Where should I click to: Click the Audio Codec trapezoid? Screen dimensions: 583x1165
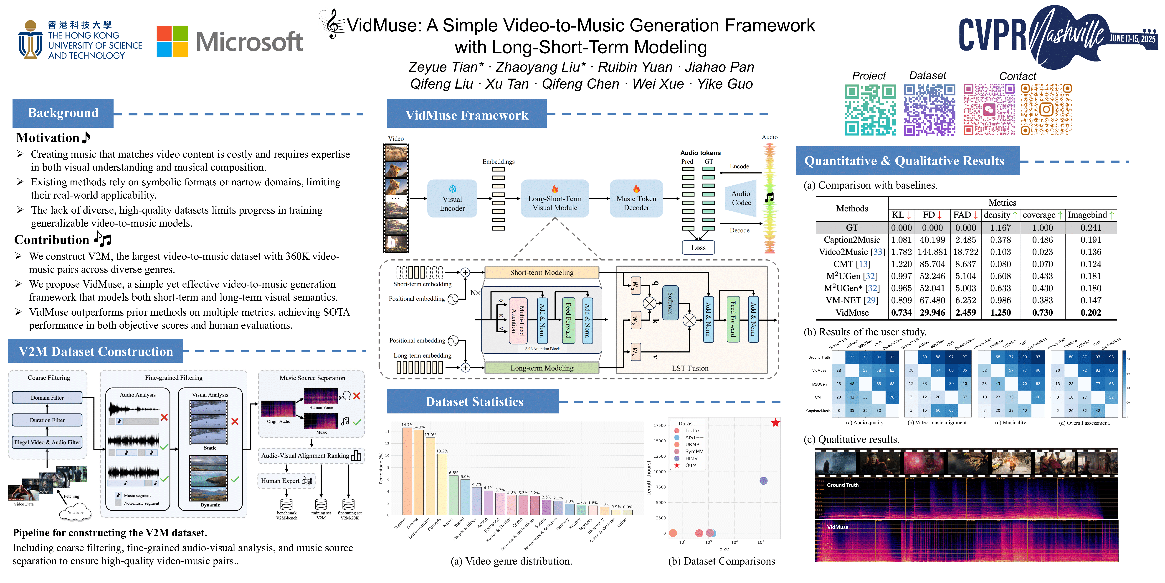741,198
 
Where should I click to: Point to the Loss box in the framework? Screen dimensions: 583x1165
698,248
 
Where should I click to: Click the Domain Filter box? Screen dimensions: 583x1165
47,397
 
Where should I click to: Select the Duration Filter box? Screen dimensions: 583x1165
47,420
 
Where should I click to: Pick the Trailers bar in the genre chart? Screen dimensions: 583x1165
407,471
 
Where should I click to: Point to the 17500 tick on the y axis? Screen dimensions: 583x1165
659,425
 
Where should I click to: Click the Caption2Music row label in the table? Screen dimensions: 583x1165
852,240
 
